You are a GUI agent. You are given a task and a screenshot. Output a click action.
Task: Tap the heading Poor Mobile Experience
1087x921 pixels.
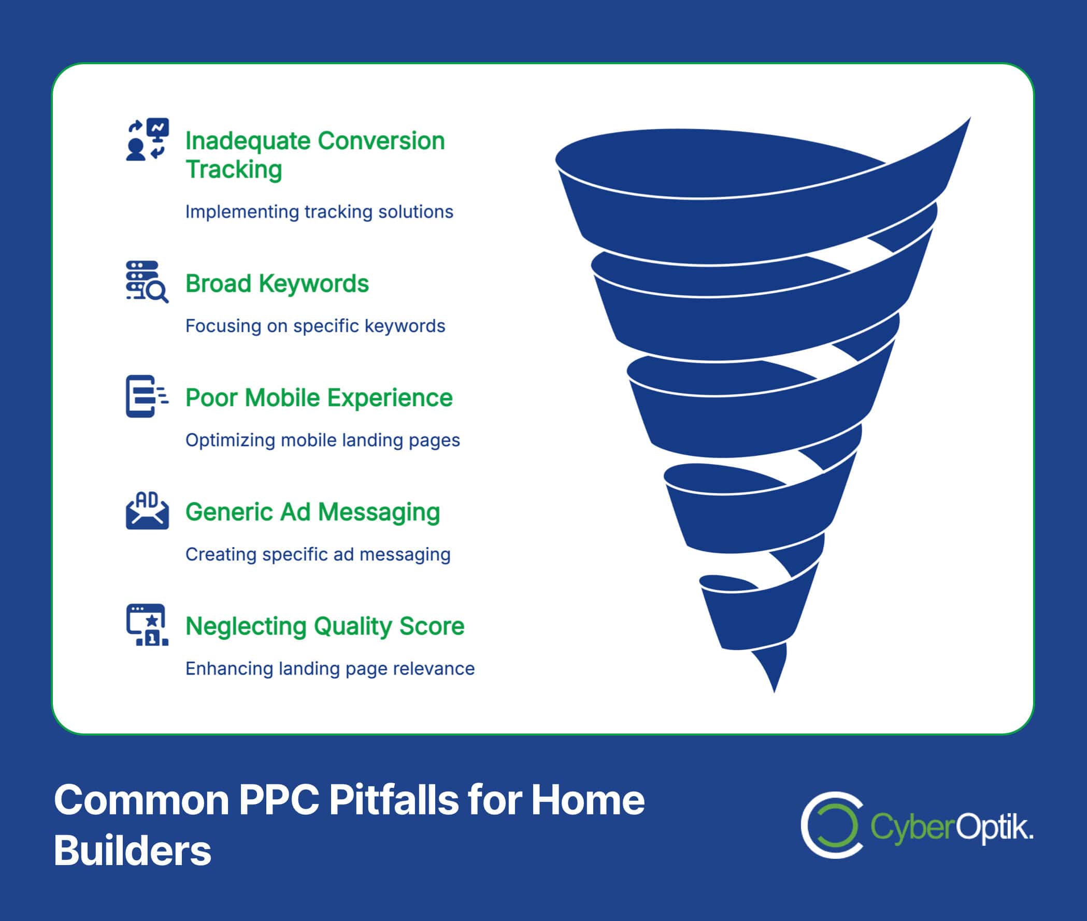click(319, 398)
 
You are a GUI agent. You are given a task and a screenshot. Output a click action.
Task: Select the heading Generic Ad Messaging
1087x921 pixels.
click(313, 513)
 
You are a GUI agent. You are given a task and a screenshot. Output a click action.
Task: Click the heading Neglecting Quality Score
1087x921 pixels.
click(325, 627)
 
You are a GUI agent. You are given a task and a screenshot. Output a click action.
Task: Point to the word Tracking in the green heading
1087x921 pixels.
click(234, 170)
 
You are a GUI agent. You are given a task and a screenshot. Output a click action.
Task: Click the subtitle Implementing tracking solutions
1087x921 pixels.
click(319, 212)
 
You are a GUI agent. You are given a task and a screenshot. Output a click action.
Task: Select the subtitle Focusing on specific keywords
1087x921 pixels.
click(316, 326)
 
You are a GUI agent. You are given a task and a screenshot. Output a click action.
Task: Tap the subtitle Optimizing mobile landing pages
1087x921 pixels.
click(323, 441)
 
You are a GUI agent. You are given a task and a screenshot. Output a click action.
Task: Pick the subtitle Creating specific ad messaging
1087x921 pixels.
click(318, 554)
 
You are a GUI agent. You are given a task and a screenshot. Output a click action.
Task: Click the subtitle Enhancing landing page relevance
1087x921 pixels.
click(330, 669)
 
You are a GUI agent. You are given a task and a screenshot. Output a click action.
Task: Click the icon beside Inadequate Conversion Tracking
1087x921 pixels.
click(147, 139)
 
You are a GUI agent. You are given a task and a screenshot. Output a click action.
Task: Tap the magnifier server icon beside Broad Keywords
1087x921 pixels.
click(147, 282)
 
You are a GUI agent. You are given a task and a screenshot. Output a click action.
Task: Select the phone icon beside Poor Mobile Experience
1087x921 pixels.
click(147, 396)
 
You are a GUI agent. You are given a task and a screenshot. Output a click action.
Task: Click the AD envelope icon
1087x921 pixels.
click(147, 510)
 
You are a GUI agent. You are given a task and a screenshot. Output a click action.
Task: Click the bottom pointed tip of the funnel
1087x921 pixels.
click(774, 693)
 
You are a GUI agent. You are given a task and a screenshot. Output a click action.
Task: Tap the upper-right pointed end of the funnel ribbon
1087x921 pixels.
click(970, 118)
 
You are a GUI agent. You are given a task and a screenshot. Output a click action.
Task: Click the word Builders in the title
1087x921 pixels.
click(133, 851)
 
